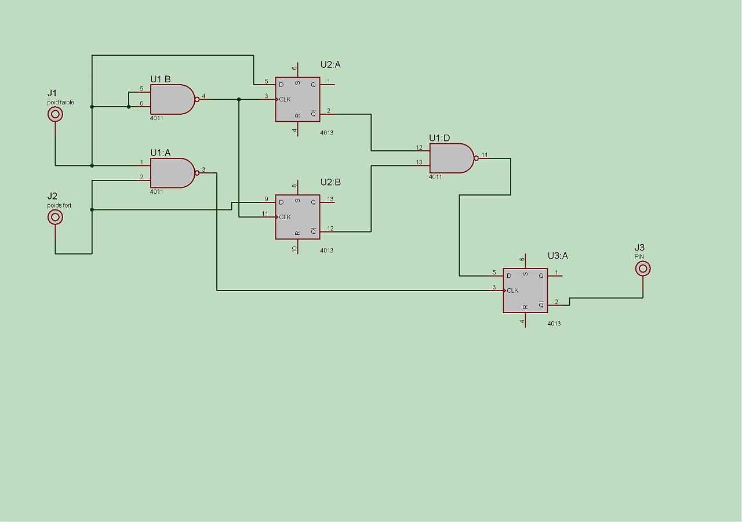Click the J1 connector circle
click(56, 114)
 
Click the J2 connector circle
click(56, 217)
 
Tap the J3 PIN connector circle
click(643, 269)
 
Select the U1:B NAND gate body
click(171, 100)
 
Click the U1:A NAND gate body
click(171, 173)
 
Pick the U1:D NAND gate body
click(450, 158)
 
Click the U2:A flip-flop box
click(297, 100)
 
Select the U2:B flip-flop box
click(297, 217)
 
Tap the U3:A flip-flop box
click(525, 291)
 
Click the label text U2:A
click(330, 64)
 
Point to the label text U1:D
click(439, 137)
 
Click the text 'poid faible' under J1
click(61, 103)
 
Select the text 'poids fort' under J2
click(60, 205)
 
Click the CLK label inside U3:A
click(512, 291)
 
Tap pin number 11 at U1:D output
click(485, 155)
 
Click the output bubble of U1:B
click(197, 100)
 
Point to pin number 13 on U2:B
click(330, 199)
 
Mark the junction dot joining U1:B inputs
click(129, 107)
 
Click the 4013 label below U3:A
click(554, 324)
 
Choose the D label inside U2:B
click(281, 202)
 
